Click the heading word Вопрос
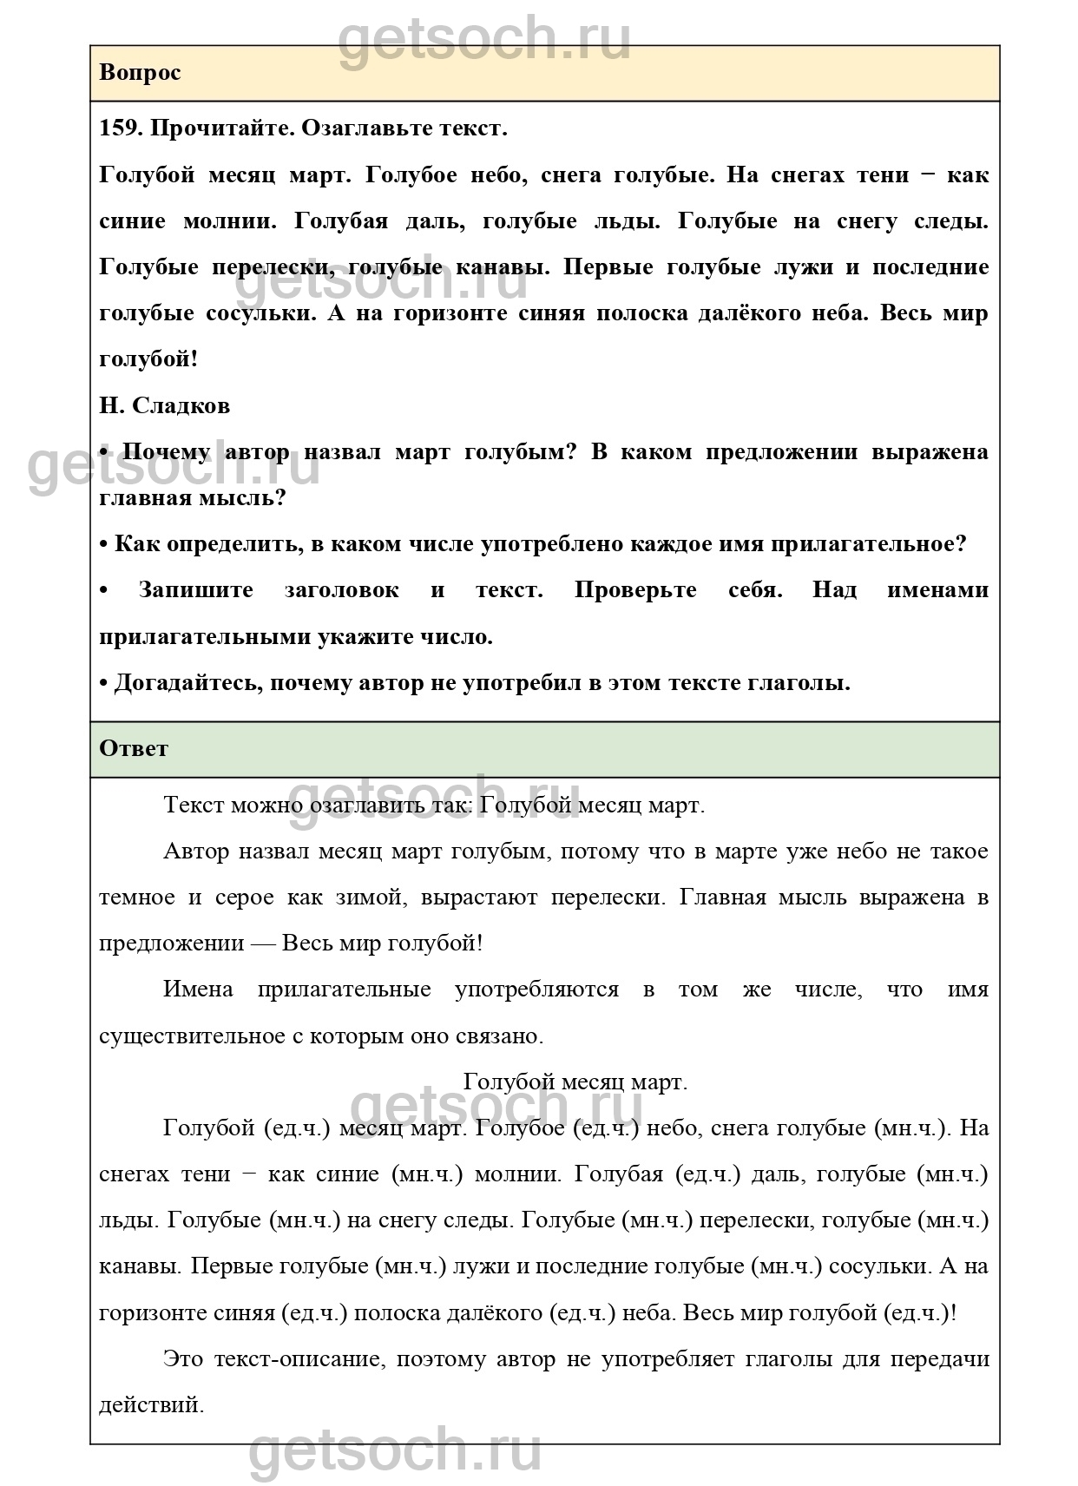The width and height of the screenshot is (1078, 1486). (x=140, y=73)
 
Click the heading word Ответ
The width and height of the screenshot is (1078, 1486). (x=134, y=748)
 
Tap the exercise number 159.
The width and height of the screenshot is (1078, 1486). (x=120, y=128)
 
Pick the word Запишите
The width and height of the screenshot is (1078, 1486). (x=195, y=590)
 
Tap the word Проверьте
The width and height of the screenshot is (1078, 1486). (x=635, y=590)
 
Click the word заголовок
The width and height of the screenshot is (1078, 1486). (x=342, y=590)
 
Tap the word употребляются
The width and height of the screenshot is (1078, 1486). (x=536, y=990)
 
